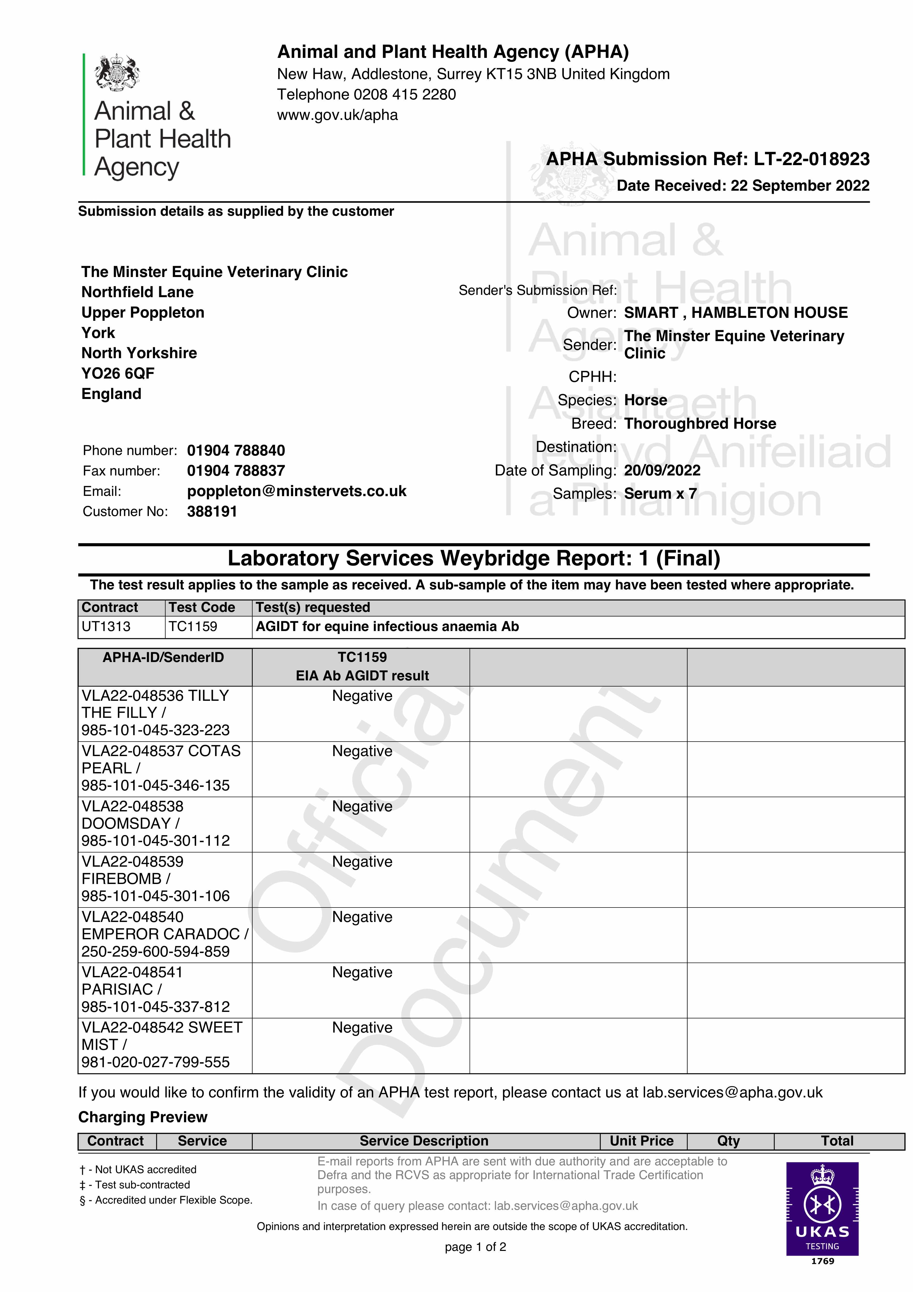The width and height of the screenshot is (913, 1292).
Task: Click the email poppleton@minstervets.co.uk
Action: [x=297, y=491]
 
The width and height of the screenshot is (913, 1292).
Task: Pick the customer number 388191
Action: [x=212, y=512]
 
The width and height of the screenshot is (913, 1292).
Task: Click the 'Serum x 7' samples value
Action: [x=660, y=494]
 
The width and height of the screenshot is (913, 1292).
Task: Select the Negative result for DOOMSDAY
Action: [x=362, y=806]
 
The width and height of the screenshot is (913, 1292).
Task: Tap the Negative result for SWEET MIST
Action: [x=362, y=1027]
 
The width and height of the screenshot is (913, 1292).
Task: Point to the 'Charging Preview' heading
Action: [x=143, y=1117]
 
